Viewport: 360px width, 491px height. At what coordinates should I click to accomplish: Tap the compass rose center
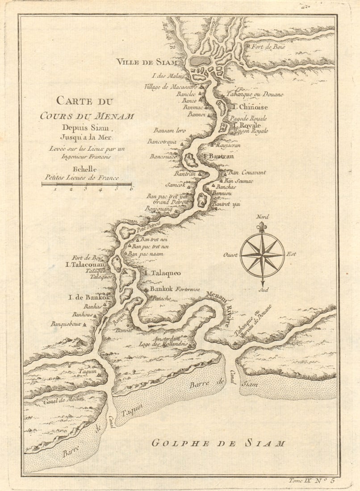pyautogui.click(x=262, y=255)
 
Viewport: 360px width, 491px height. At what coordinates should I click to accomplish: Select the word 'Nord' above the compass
pyautogui.click(x=262, y=217)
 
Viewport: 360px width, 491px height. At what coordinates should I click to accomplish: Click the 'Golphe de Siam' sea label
pyautogui.click(x=218, y=443)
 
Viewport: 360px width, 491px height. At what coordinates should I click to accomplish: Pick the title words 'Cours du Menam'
pyautogui.click(x=87, y=116)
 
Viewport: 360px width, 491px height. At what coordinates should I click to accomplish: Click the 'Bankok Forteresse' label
pyautogui.click(x=172, y=288)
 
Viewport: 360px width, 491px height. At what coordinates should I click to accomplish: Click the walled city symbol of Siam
pyautogui.click(x=201, y=61)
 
